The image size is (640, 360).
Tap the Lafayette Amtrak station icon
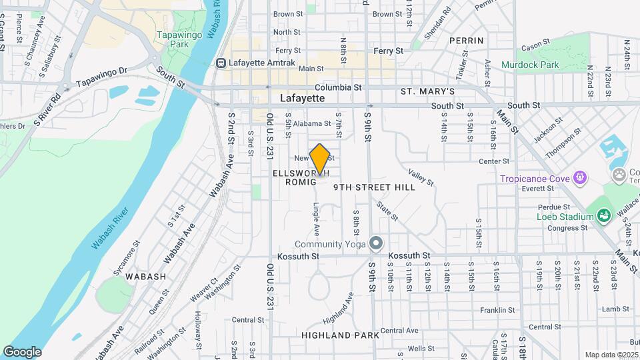[221, 63]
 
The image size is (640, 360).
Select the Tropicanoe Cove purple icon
[581, 178]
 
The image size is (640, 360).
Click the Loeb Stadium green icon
[603, 215]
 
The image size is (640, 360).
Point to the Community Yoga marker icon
[377, 243]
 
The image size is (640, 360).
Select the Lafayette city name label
[302, 98]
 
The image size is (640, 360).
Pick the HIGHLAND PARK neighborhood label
[340, 335]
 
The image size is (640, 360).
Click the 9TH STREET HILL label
[374, 187]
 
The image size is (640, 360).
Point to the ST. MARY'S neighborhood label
[427, 91]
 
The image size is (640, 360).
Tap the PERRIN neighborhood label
[466, 41]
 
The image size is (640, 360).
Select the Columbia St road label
[338, 87]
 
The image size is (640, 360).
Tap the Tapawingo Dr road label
[101, 77]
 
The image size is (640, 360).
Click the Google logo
[22, 351]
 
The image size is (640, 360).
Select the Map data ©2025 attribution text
[611, 355]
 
